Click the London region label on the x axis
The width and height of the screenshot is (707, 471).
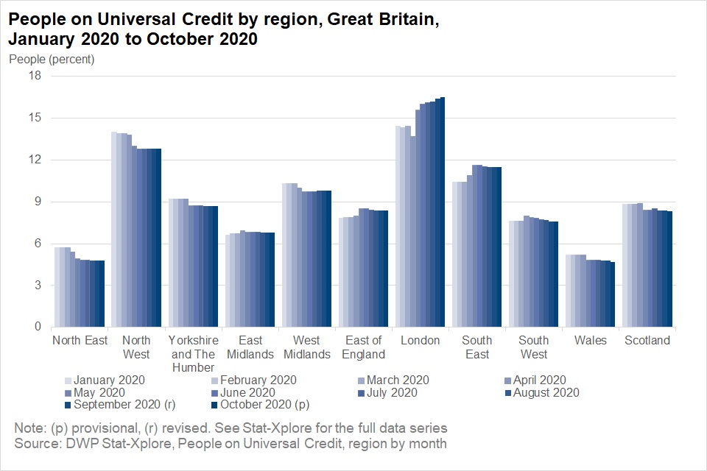(x=420, y=340)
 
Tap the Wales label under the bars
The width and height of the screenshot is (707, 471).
(x=590, y=340)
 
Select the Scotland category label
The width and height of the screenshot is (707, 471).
(x=647, y=340)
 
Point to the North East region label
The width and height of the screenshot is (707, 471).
(x=80, y=340)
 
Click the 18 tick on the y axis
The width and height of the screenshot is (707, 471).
(x=34, y=76)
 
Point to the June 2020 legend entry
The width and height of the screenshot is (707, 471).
(x=253, y=392)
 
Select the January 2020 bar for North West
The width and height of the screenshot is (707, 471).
(x=113, y=230)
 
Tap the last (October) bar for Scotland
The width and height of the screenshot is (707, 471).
(x=670, y=269)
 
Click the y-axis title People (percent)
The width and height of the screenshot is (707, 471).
(x=52, y=59)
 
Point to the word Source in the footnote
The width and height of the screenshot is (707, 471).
(x=35, y=444)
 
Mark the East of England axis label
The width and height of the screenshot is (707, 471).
(x=363, y=347)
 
